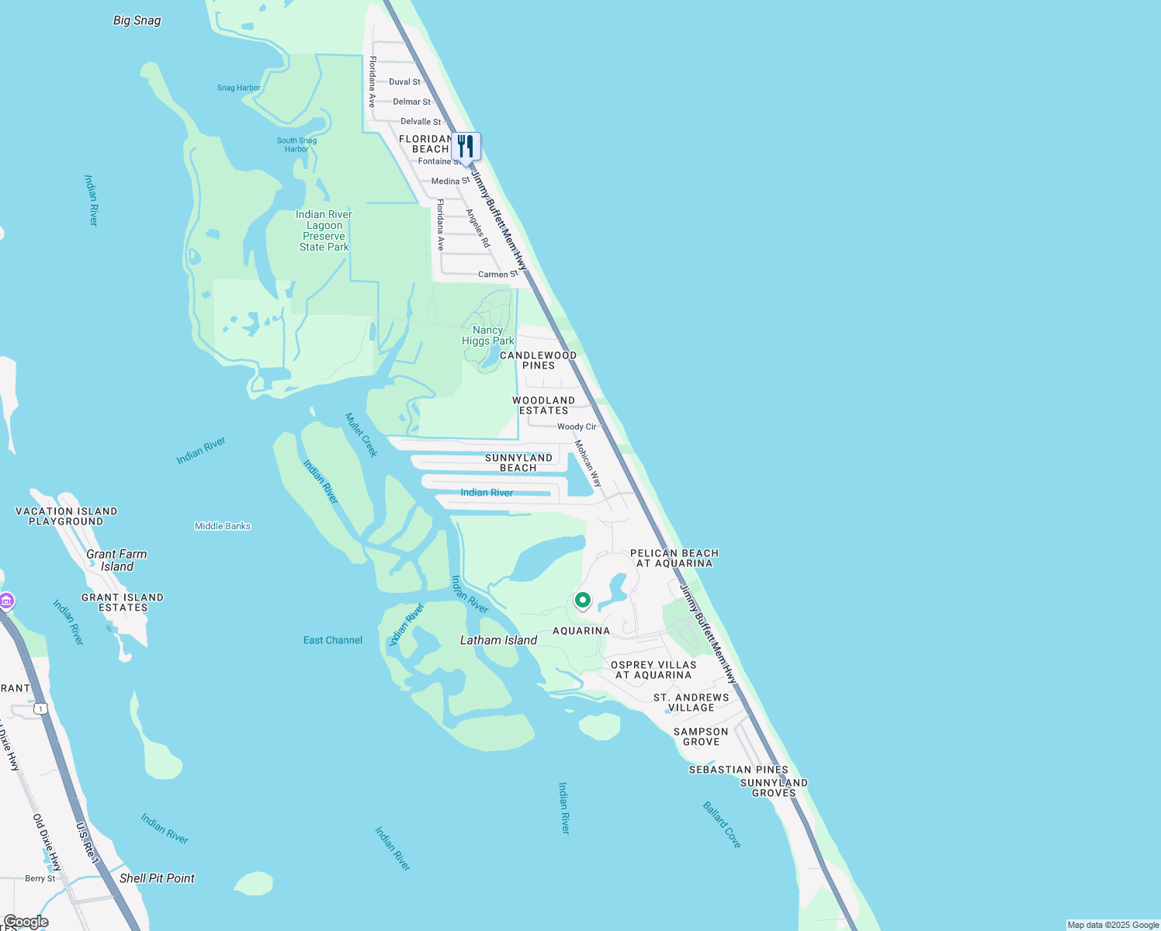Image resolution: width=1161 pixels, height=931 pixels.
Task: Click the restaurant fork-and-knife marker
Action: coord(466,147)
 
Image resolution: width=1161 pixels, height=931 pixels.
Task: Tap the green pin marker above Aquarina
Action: coord(582,600)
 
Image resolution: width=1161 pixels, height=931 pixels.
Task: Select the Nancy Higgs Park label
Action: coord(488,335)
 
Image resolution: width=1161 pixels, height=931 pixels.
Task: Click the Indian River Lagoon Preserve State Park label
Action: coord(324,230)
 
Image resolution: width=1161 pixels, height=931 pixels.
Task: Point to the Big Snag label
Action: coord(137,20)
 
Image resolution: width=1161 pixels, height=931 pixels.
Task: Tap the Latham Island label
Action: coord(498,640)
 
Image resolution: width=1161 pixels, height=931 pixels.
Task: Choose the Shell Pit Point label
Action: coord(157,878)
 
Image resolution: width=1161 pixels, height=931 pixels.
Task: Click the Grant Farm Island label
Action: coord(116,560)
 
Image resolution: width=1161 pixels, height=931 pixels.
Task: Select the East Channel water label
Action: coord(333,640)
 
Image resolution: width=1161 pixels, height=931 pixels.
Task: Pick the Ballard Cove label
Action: coord(722,825)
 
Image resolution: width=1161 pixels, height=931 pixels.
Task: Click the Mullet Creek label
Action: coord(362,435)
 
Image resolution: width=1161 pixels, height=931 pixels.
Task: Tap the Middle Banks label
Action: coord(223,526)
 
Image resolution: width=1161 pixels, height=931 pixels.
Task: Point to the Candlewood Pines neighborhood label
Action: coord(538,360)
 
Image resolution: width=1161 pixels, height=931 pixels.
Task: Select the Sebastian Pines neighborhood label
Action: coord(738,770)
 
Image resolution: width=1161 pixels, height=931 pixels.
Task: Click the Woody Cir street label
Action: coord(577,427)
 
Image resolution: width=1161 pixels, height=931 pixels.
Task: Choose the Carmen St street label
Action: coord(497,275)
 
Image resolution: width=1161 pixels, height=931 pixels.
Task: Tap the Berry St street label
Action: coord(40,878)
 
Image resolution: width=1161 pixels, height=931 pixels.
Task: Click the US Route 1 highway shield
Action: coord(40,708)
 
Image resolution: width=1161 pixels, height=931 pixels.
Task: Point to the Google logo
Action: coord(26,922)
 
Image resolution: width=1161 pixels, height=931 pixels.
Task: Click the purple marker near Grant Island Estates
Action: coord(6,601)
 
